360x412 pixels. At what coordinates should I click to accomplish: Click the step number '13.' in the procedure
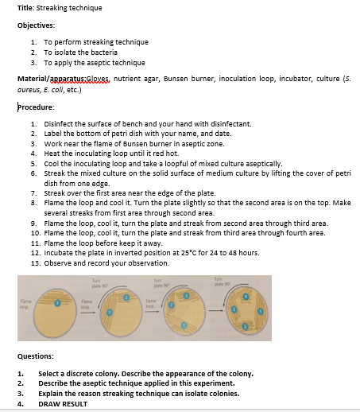click(x=35, y=262)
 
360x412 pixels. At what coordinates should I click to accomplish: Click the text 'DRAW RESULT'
click(x=64, y=403)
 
